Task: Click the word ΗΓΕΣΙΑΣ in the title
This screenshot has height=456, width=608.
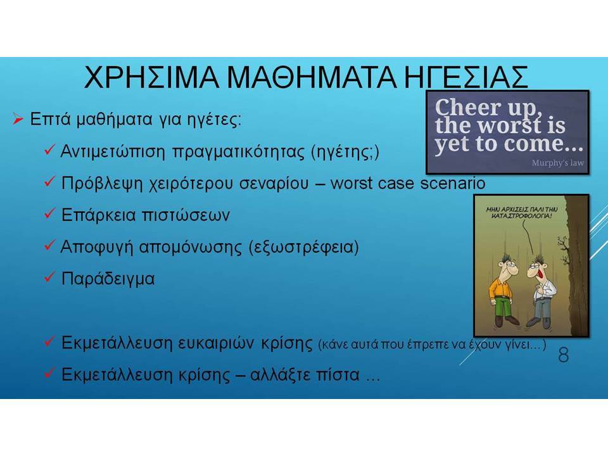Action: click(x=466, y=77)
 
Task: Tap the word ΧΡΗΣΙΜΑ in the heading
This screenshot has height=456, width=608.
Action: click(x=151, y=77)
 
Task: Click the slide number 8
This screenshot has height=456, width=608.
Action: click(x=564, y=355)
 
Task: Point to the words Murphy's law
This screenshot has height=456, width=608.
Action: click(x=557, y=163)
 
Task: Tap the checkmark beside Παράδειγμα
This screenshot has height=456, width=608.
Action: click(x=49, y=277)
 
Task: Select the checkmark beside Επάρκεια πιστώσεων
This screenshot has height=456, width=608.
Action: click(x=49, y=213)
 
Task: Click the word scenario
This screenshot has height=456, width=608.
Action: click(x=453, y=183)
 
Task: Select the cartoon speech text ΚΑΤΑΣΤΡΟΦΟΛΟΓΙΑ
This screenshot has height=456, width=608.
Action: click(x=521, y=216)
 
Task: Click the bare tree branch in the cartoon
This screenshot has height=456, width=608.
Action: click(x=562, y=245)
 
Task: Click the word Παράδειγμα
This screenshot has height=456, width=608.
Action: click(x=108, y=279)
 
